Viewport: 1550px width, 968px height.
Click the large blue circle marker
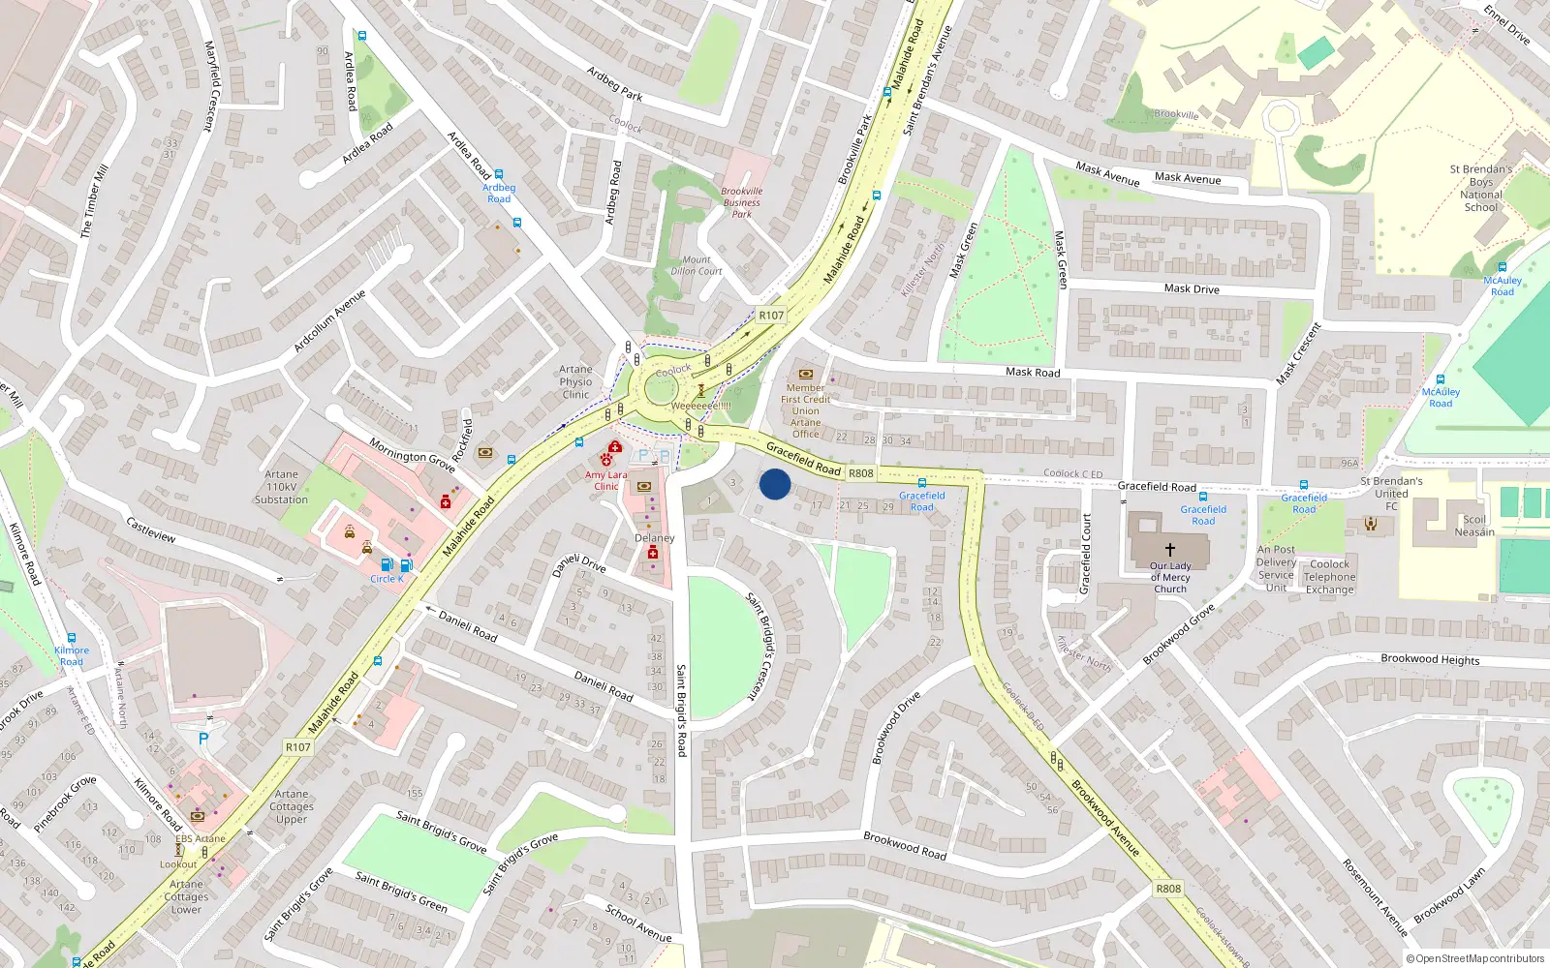point(774,484)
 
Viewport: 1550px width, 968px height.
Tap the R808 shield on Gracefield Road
point(860,473)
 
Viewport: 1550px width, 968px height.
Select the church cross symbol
point(1169,549)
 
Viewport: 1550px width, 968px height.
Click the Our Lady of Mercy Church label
point(1170,578)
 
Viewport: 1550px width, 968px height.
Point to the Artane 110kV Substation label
point(281,487)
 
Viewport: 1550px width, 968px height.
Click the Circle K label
point(387,579)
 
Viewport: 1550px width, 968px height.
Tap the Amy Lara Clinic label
point(605,480)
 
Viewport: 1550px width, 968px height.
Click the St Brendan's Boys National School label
point(1480,188)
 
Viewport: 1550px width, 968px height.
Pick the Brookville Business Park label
point(741,202)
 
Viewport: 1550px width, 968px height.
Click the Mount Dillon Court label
point(696,265)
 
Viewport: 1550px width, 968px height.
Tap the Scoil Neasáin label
point(1473,526)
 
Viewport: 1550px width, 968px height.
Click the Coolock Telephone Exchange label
point(1329,577)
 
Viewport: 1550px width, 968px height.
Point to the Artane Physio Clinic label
point(575,381)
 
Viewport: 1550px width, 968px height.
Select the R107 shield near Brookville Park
point(771,315)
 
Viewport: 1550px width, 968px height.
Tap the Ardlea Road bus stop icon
point(499,174)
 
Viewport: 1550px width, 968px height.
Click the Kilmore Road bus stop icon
point(72,638)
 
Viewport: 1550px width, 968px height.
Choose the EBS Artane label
point(201,838)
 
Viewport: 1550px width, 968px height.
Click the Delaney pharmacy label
point(654,538)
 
